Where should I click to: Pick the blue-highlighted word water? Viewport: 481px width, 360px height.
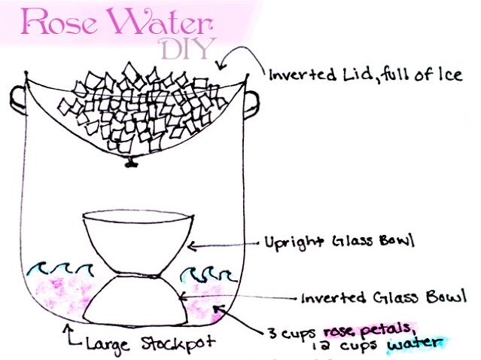coord(414,345)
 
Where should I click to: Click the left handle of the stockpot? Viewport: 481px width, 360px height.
coord(17,98)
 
